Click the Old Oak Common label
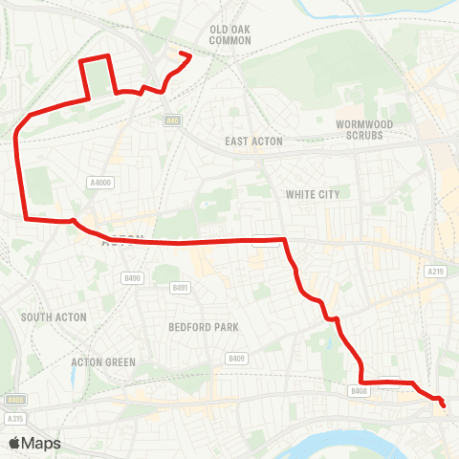click(229, 34)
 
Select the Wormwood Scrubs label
click(360, 130)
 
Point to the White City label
click(313, 194)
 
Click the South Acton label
click(55, 317)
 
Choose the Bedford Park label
click(203, 327)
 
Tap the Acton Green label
click(103, 362)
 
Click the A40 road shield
click(172, 120)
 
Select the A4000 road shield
click(99, 183)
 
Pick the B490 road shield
click(133, 278)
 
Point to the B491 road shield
click(180, 287)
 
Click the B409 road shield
click(236, 358)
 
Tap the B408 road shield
click(359, 391)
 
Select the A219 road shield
click(435, 272)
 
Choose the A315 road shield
click(14, 419)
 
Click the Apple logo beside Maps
click(15, 443)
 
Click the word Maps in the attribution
click(41, 443)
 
